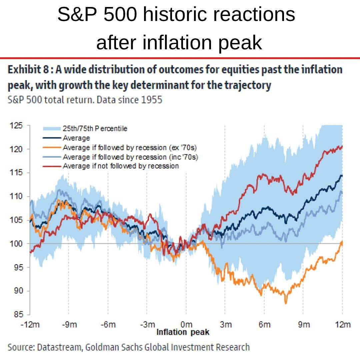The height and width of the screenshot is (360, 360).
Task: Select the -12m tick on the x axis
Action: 30,324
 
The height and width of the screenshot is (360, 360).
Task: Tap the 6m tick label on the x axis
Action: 264,324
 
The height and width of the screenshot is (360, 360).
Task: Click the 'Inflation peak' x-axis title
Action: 183,332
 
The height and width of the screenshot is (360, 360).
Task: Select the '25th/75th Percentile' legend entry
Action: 95,128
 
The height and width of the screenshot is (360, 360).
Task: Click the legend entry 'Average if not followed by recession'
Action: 121,166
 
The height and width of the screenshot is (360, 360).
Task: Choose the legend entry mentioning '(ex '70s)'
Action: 132,147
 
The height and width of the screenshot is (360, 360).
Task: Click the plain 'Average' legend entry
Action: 76,138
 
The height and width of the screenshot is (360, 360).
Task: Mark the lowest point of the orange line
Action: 286,303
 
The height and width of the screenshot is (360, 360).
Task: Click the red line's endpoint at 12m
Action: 342,146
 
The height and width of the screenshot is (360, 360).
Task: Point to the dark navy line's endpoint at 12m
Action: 342,175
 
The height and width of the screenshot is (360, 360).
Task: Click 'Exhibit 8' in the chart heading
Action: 29,70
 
